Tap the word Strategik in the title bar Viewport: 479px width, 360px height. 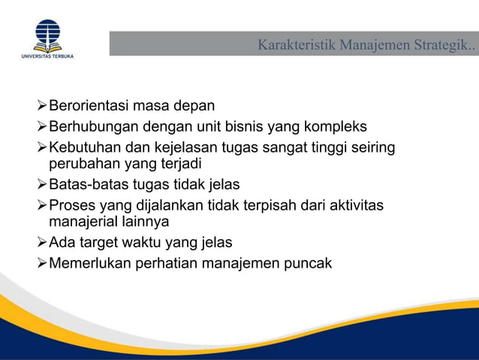[x=442, y=45]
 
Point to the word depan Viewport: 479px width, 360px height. [x=194, y=106]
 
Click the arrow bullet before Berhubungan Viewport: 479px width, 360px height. [x=42, y=126]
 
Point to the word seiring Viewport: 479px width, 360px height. [x=372, y=147]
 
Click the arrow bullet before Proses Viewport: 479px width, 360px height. [x=42, y=204]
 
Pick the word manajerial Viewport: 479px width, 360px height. [x=84, y=221]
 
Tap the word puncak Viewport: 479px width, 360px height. [x=308, y=262]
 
